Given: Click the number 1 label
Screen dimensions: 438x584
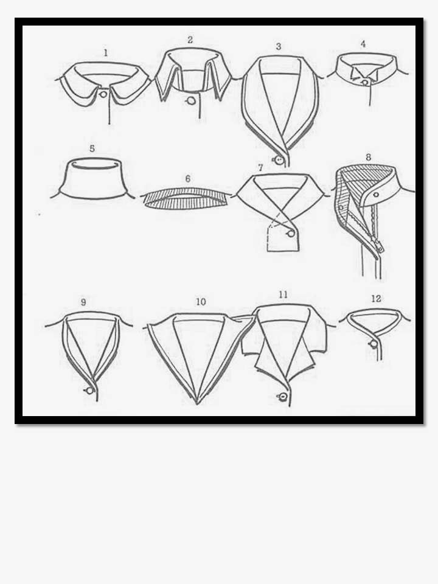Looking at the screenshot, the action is pos(106,53).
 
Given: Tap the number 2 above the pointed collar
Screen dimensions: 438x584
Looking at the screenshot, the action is pos(190,40).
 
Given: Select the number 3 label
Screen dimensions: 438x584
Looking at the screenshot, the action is pos(279,47).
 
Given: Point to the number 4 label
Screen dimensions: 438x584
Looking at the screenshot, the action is pos(363,44).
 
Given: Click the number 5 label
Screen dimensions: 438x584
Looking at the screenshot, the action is pos(92,148).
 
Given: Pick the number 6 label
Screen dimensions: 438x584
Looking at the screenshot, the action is pos(188,179).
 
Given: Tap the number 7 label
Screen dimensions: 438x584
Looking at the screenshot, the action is pos(260,168).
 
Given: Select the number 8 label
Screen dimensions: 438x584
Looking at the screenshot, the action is pos(369,157).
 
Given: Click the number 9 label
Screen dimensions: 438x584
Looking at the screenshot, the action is pos(83,302).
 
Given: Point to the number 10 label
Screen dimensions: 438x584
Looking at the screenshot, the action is pos(201,302).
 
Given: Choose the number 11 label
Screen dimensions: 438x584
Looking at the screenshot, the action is pos(283,294).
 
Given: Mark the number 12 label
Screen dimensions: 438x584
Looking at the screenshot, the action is pos(376,299).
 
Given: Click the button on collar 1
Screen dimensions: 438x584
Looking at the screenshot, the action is pos(103,94).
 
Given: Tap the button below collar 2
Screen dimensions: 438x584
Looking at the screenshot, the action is pos(192,100).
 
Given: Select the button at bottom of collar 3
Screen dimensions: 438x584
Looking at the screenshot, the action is pos(279,161).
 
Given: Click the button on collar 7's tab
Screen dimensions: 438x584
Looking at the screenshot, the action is pos(291,234).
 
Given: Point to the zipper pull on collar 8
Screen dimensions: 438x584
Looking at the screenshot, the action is pos(380,247).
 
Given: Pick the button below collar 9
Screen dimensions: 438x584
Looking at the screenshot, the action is pos(89,391).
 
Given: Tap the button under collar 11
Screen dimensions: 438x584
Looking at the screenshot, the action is pos(283,396).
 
